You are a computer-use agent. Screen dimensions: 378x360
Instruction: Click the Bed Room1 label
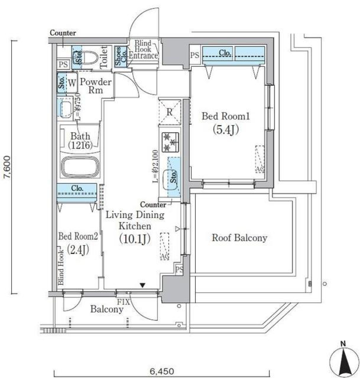pos(225,117)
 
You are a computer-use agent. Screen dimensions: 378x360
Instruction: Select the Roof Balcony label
pos(239,238)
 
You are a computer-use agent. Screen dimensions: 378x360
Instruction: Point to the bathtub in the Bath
pos(80,166)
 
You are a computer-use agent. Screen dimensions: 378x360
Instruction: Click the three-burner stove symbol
pos(170,142)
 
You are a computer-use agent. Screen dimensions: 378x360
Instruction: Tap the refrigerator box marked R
pos(170,111)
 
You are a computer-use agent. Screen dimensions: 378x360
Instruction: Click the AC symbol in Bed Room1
pos(259,159)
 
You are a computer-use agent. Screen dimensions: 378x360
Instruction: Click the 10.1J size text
pos(135,238)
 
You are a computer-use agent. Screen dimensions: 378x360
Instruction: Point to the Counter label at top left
pos(63,33)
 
